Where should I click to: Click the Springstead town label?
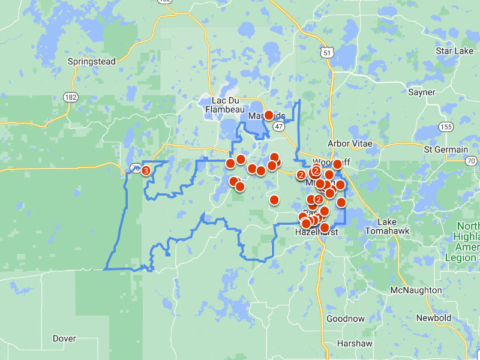click(x=91, y=61)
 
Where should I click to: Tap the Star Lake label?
click(x=454, y=51)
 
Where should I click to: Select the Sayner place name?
click(x=421, y=92)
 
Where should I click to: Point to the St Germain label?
click(x=445, y=149)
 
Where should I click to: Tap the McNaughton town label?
click(x=416, y=290)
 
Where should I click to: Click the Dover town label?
click(x=64, y=338)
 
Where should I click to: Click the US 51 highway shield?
click(x=326, y=53)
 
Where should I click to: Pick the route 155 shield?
click(x=445, y=127)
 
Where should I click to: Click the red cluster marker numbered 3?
click(x=146, y=170)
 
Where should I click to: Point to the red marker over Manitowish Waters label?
click(x=269, y=115)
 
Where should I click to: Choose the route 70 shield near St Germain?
click(x=471, y=160)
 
